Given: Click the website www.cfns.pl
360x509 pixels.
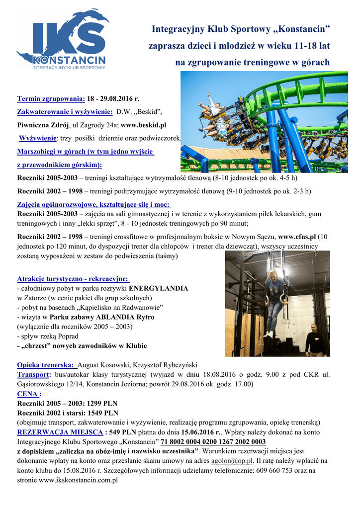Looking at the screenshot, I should coord(297,237).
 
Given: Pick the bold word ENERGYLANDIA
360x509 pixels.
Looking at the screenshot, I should coord(158,288).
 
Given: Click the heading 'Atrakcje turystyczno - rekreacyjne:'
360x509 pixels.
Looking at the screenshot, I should coord(74,279).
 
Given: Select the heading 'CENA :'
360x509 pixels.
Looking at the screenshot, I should coord(29,393).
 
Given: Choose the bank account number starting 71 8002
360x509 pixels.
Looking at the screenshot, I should coord(213,441).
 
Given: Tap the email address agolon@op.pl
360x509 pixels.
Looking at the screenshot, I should coord(232,461).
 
